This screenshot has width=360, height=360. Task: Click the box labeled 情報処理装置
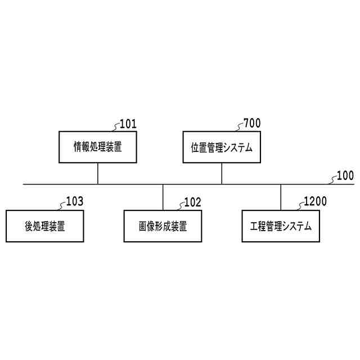(98, 147)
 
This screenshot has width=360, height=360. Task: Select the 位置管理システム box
(222, 147)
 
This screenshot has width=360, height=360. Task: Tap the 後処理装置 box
(45, 226)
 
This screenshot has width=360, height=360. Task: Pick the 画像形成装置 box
(163, 226)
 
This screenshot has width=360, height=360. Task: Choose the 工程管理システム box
(281, 226)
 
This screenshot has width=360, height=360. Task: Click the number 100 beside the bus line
(345, 175)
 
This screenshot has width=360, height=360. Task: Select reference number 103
(75, 201)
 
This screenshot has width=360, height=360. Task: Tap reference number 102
(192, 201)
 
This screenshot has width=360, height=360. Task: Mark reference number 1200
(314, 201)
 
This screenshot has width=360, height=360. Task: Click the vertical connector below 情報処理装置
(98, 174)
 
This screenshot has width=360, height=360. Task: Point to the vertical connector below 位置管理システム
(222, 174)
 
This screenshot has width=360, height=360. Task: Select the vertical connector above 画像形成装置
(163, 197)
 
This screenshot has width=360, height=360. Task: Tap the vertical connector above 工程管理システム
(281, 197)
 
